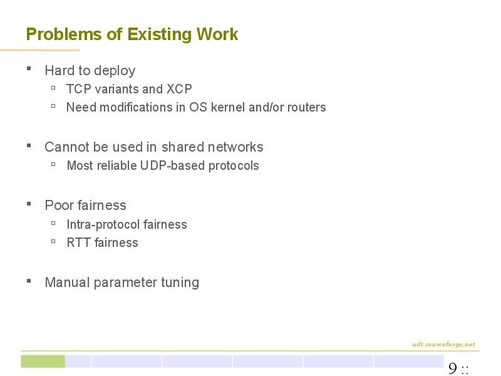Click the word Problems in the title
click(64, 34)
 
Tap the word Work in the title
click(217, 34)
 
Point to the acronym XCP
click(179, 89)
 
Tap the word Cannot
click(67, 147)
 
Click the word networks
click(235, 147)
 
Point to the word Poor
click(59, 206)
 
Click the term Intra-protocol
click(103, 225)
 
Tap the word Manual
click(68, 283)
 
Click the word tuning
click(180, 283)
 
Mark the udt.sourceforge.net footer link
click(444, 344)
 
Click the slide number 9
click(453, 368)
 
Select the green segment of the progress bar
click(43, 362)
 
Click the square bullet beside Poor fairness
click(29, 204)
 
